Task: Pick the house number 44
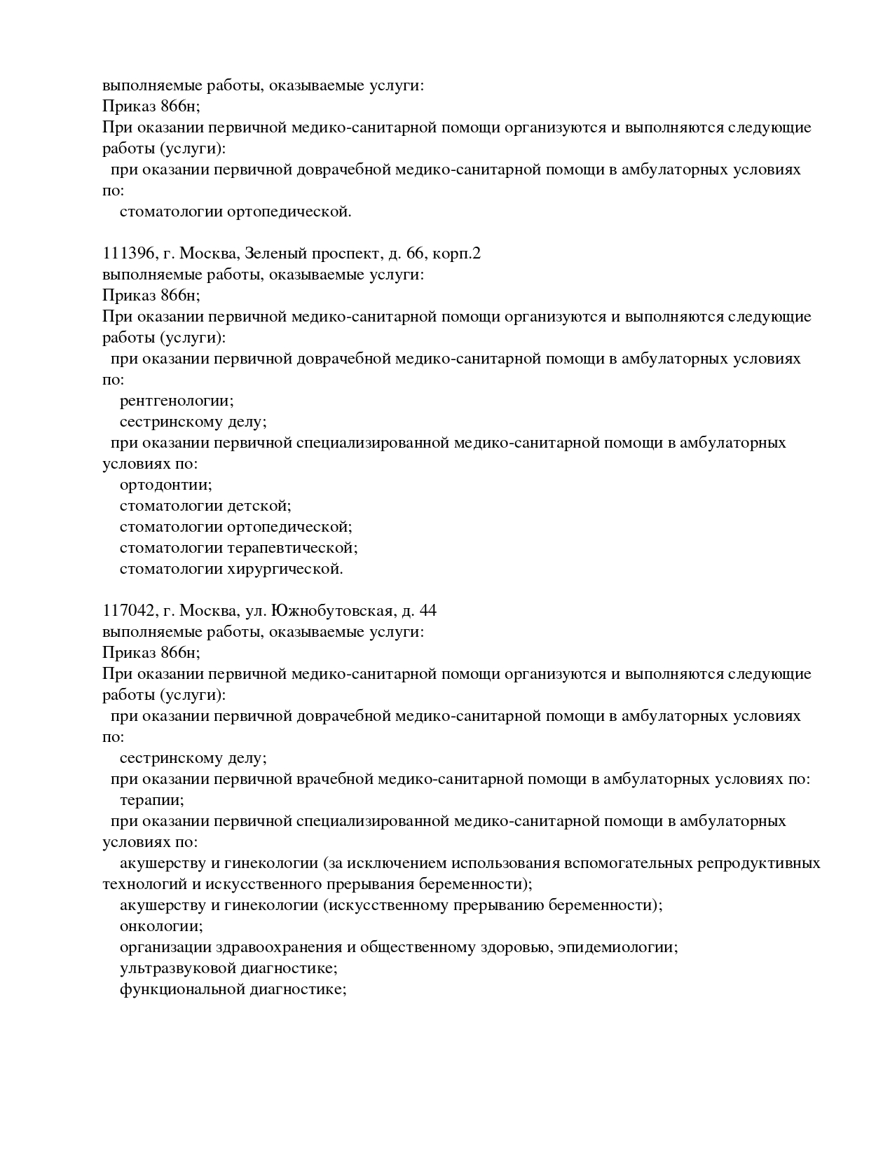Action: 427,611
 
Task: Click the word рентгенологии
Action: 176,401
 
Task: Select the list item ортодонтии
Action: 165,485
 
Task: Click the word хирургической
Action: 285,569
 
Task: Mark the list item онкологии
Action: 160,926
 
